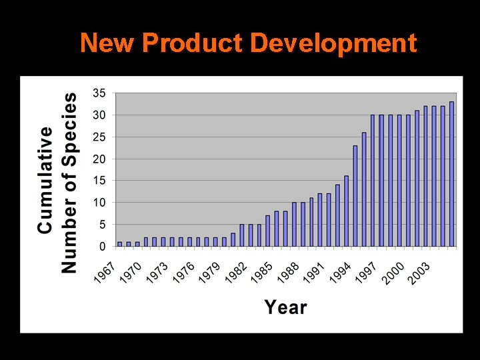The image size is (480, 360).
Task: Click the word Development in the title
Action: coord(334,44)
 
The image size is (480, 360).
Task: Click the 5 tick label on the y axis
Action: coord(102,225)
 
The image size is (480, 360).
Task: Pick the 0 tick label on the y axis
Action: coord(102,247)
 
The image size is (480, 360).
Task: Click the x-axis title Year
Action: coord(285,307)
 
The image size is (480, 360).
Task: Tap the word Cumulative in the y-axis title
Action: coord(45,181)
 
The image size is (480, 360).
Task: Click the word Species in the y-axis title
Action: coord(69,123)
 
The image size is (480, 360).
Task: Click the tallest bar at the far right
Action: coord(451,174)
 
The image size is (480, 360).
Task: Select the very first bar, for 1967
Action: coord(120,244)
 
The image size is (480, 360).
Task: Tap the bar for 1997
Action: coord(381,181)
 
